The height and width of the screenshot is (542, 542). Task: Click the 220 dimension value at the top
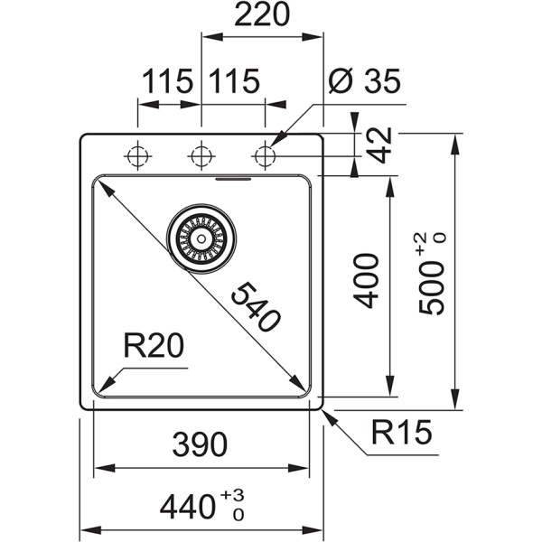point(261,16)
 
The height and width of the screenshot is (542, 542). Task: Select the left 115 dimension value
point(167,82)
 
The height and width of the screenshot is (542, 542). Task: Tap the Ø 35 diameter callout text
point(364,82)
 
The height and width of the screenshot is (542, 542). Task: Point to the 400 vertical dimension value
point(364,288)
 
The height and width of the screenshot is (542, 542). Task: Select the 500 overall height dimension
point(432,287)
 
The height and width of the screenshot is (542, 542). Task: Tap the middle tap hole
point(201,156)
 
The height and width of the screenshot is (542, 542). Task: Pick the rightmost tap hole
point(265,156)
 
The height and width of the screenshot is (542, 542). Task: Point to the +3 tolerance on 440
point(238,495)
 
